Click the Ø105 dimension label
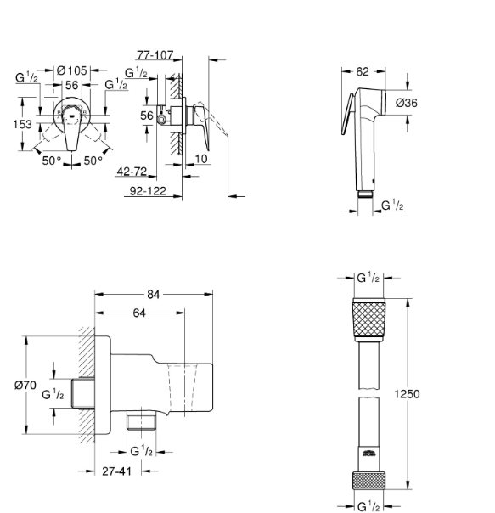pyautogui.click(x=71, y=70)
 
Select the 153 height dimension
pyautogui.click(x=22, y=124)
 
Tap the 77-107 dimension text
pyautogui.click(x=155, y=55)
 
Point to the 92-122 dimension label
pyautogui.click(x=148, y=191)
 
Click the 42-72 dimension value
pyautogui.click(x=132, y=172)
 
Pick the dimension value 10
pyautogui.click(x=201, y=159)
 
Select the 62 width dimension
pyautogui.click(x=363, y=71)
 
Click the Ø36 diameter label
pyautogui.click(x=407, y=103)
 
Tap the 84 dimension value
pyautogui.click(x=153, y=295)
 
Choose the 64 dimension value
pyautogui.click(x=139, y=313)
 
